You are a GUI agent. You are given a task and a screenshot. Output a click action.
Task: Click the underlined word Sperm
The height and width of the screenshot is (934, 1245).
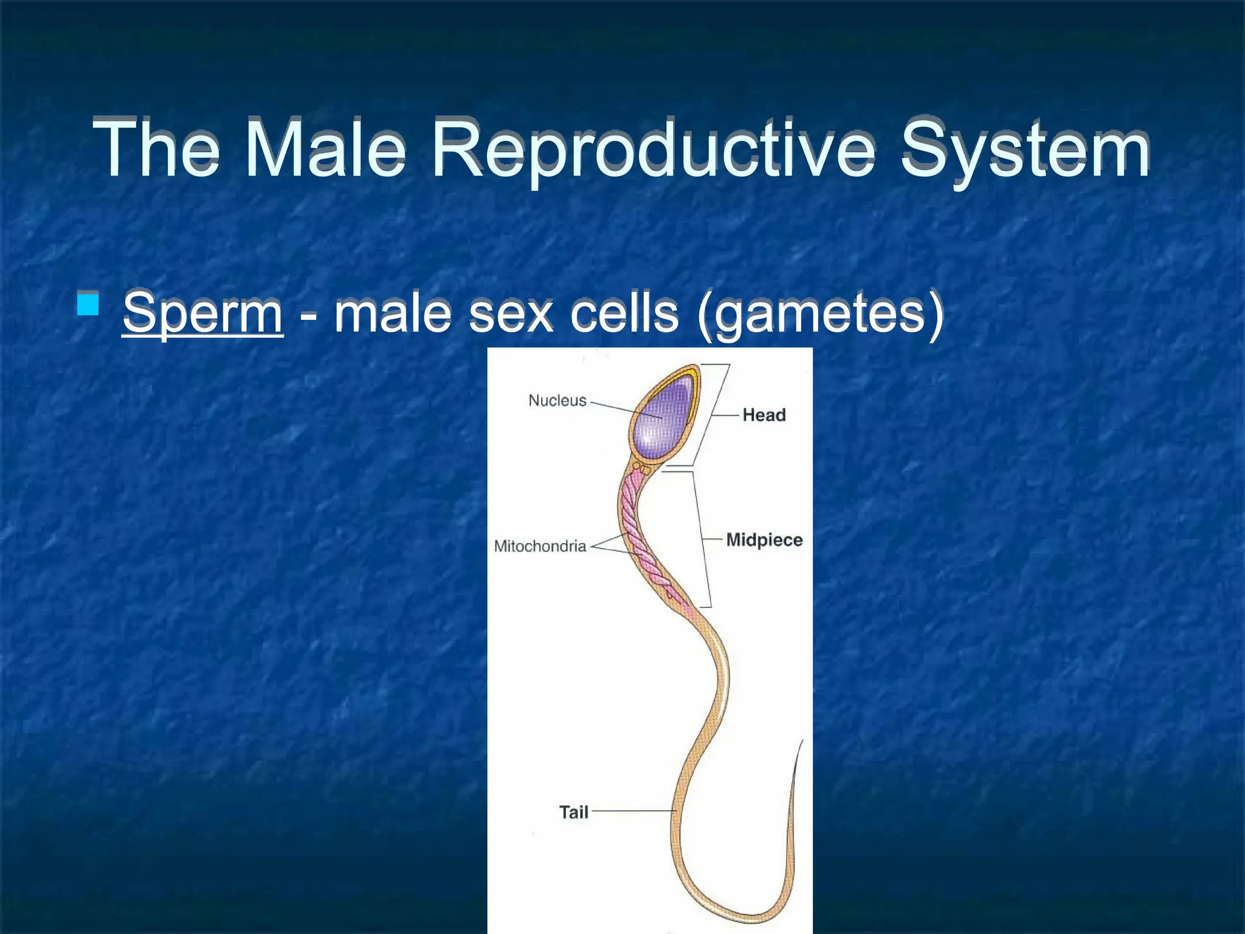point(202,314)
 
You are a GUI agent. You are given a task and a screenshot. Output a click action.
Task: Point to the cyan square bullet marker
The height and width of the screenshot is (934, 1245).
point(88,303)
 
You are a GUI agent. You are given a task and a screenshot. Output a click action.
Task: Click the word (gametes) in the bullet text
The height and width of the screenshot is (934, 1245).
point(820,314)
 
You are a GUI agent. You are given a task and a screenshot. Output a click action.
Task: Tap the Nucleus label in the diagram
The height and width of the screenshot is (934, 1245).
point(557,400)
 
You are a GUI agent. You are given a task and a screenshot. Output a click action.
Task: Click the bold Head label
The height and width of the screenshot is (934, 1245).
point(764,415)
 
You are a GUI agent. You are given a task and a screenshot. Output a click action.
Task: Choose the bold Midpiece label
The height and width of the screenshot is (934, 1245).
point(764,539)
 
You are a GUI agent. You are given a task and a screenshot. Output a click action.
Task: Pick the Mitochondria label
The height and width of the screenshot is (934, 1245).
point(539,545)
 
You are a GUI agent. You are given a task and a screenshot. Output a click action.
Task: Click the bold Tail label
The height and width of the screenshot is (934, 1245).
point(573,812)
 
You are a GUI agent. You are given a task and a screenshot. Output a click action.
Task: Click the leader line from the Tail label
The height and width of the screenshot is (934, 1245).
point(632,811)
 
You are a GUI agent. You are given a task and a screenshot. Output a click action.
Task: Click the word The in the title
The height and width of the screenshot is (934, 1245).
point(156,148)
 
